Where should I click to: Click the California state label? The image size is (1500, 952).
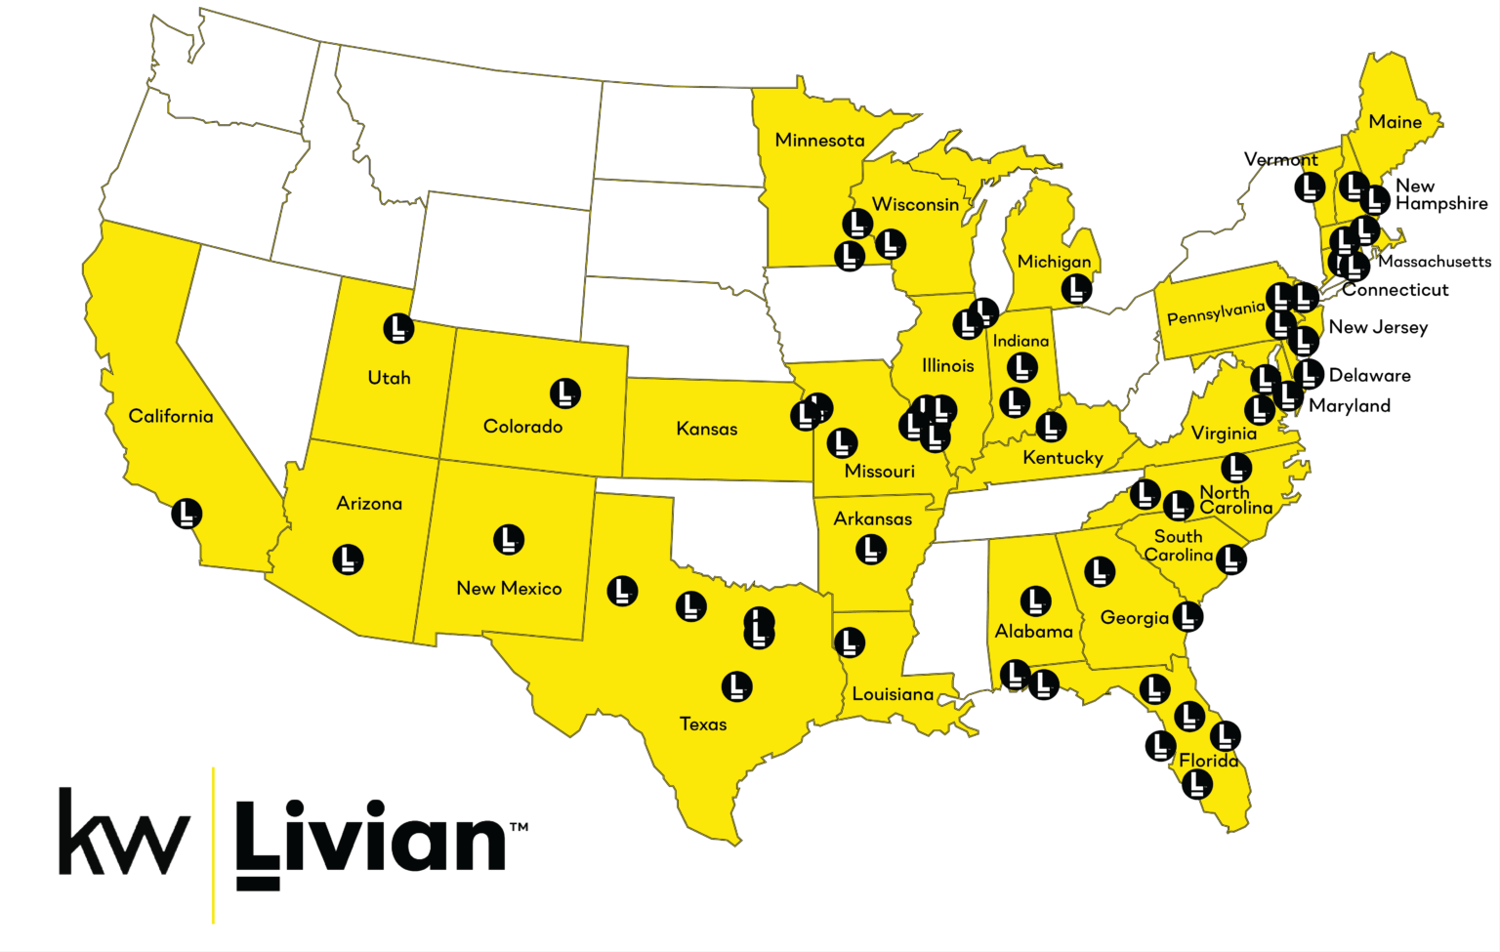(x=171, y=416)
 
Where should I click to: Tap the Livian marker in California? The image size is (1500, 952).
(x=187, y=513)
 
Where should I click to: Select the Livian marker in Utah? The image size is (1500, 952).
(x=398, y=328)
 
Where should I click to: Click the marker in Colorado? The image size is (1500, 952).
(x=565, y=393)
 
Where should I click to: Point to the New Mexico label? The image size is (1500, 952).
(x=509, y=588)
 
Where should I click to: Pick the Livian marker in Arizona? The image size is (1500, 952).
(x=348, y=559)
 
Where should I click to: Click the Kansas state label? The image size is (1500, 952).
(x=707, y=429)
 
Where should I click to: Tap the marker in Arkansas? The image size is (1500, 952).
(x=871, y=550)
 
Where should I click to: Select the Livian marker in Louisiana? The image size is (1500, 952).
(x=850, y=642)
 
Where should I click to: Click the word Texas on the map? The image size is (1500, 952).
(x=703, y=724)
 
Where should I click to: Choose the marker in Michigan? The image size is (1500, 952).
(x=1076, y=288)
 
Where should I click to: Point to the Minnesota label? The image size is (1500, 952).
(x=819, y=141)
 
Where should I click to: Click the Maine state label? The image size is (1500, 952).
(x=1395, y=122)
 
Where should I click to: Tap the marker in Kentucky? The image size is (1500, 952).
(x=1051, y=426)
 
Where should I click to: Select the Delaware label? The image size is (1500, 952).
(x=1369, y=375)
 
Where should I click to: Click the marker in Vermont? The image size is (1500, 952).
(x=1310, y=186)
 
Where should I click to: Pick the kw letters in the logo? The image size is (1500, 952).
(x=124, y=832)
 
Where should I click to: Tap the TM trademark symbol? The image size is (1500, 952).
(x=519, y=827)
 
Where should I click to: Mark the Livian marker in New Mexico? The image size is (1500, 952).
(x=509, y=539)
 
